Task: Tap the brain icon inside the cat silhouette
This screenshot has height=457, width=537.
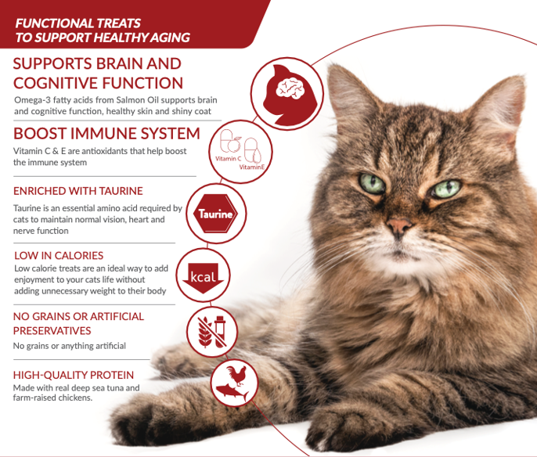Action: [x=290, y=88]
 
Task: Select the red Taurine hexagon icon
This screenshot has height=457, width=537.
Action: [x=215, y=214]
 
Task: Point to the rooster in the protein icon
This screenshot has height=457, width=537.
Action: [x=236, y=375]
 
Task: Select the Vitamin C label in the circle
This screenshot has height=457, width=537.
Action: [x=228, y=159]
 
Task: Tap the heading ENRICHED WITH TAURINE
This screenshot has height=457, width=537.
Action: [x=78, y=191]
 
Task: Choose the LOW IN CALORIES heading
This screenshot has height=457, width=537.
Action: [x=59, y=255]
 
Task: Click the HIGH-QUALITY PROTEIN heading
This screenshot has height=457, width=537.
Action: [x=74, y=375]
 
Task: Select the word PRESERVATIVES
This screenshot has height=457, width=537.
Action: [x=52, y=331]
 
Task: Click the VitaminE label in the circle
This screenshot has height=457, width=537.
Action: [x=252, y=167]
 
